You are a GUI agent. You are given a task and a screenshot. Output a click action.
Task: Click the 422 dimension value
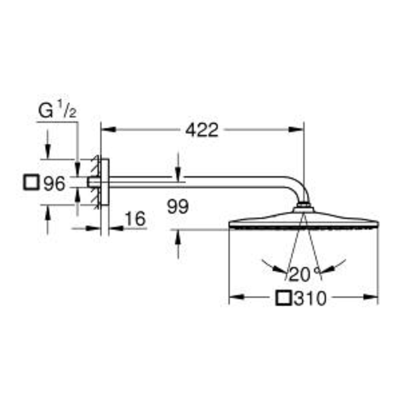201,130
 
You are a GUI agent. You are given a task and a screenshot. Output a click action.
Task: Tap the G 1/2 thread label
57,110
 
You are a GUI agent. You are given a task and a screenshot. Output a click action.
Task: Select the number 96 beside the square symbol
54,184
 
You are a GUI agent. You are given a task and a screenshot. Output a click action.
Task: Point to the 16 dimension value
135,219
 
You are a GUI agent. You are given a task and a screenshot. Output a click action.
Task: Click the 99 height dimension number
177,207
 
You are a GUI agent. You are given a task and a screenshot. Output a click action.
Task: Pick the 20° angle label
304,274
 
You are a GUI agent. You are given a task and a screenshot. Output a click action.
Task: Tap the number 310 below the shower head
310,299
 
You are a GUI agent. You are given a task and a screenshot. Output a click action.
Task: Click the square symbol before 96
31,183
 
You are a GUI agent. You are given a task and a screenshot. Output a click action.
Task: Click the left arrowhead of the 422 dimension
108,129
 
